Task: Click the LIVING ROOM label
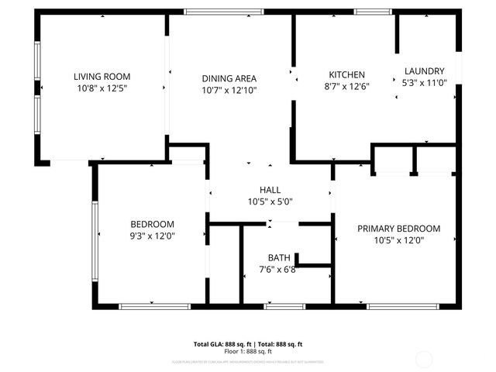(102, 76)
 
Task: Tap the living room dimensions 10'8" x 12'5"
(102, 88)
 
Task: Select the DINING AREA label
(229, 78)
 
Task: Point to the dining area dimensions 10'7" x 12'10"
(229, 90)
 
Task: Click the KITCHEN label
(346, 74)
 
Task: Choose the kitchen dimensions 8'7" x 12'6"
(346, 86)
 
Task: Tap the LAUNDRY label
(424, 70)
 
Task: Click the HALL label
(270, 190)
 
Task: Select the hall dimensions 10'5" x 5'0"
(270, 201)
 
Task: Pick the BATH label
(279, 257)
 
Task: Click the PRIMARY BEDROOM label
(398, 229)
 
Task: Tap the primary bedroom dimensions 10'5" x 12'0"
(398, 240)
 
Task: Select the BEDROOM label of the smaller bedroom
(152, 224)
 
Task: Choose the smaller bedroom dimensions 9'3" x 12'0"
(152, 236)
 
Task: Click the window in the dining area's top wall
(212, 12)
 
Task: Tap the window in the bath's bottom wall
(284, 307)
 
